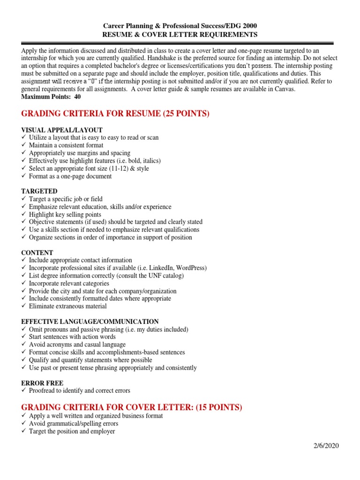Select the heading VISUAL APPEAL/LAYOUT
point(62,130)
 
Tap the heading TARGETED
point(39,191)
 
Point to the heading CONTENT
point(37,252)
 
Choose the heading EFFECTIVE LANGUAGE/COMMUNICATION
point(90,322)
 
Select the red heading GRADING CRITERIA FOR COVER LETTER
point(132,407)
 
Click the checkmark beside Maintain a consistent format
point(24,145)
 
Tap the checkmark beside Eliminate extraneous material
point(24,306)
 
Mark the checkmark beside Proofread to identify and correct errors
point(24,390)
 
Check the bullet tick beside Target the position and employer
point(24,431)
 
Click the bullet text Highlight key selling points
point(65,214)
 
